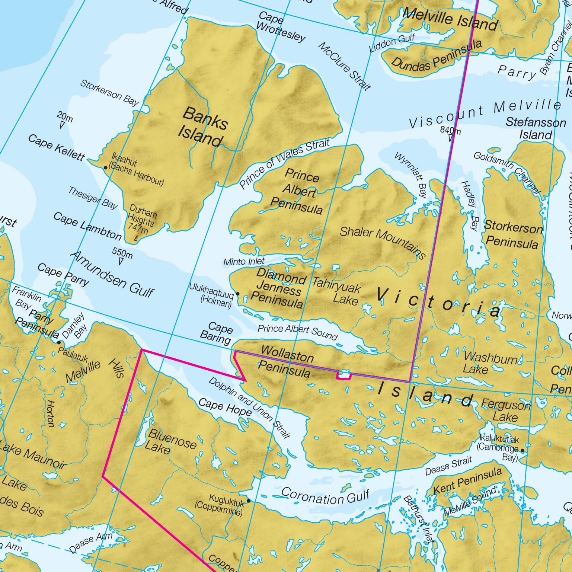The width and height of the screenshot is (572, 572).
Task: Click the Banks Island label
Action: [x=203, y=127]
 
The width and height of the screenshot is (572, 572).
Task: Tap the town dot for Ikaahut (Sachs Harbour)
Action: [x=106, y=168]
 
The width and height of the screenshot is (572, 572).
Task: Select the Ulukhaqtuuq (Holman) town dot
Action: [x=238, y=294]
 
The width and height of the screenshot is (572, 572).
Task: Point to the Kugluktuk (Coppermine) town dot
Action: [x=249, y=501]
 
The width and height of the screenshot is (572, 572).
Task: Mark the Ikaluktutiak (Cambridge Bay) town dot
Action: [x=522, y=450]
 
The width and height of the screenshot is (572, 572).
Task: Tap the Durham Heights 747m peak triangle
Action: [x=136, y=238]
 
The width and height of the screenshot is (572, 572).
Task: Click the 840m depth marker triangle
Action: [x=451, y=138]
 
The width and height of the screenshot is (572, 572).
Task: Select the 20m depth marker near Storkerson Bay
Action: [x=62, y=125]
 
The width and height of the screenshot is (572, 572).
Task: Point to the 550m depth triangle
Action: [x=121, y=262]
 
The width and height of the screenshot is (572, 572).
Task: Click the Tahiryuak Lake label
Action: [x=337, y=293]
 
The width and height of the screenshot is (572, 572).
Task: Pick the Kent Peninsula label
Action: [x=467, y=481]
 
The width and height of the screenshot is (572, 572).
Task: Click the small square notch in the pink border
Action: [x=344, y=376]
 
